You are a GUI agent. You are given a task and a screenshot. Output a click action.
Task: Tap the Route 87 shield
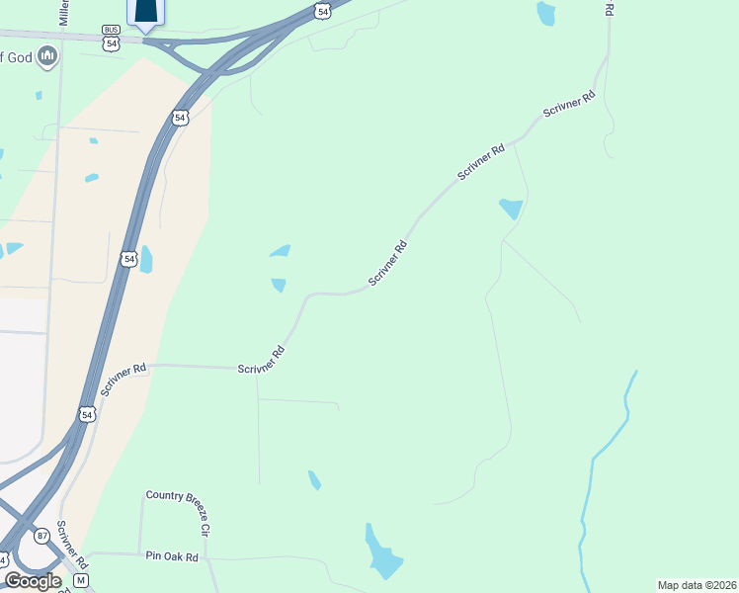41,535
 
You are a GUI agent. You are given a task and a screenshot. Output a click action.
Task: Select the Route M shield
81,579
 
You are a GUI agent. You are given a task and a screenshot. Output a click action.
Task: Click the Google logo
32,581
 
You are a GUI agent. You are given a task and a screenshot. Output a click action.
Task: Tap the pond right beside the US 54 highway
146,260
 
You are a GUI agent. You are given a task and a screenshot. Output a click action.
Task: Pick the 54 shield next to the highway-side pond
127,259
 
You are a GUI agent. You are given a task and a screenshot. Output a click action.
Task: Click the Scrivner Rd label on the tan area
123,380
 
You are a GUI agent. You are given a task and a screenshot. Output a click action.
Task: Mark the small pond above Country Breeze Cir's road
314,480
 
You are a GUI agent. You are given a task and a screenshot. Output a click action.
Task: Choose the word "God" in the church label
20,58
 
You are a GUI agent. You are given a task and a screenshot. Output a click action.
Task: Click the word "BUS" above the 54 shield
111,31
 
